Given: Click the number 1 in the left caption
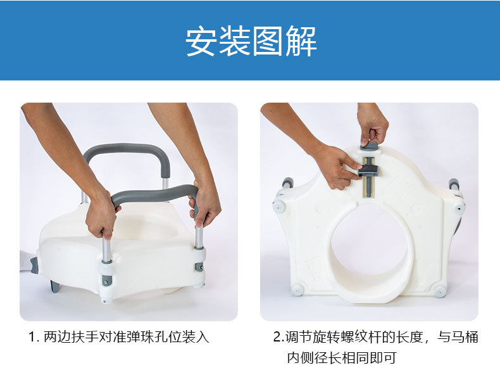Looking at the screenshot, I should tap(32, 337).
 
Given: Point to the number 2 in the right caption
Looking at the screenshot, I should tap(277, 337).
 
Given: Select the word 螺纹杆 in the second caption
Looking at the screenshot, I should tap(358, 337).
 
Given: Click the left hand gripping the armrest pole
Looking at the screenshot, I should tap(101, 215).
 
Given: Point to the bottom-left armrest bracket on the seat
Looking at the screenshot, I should tap(105, 276).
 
